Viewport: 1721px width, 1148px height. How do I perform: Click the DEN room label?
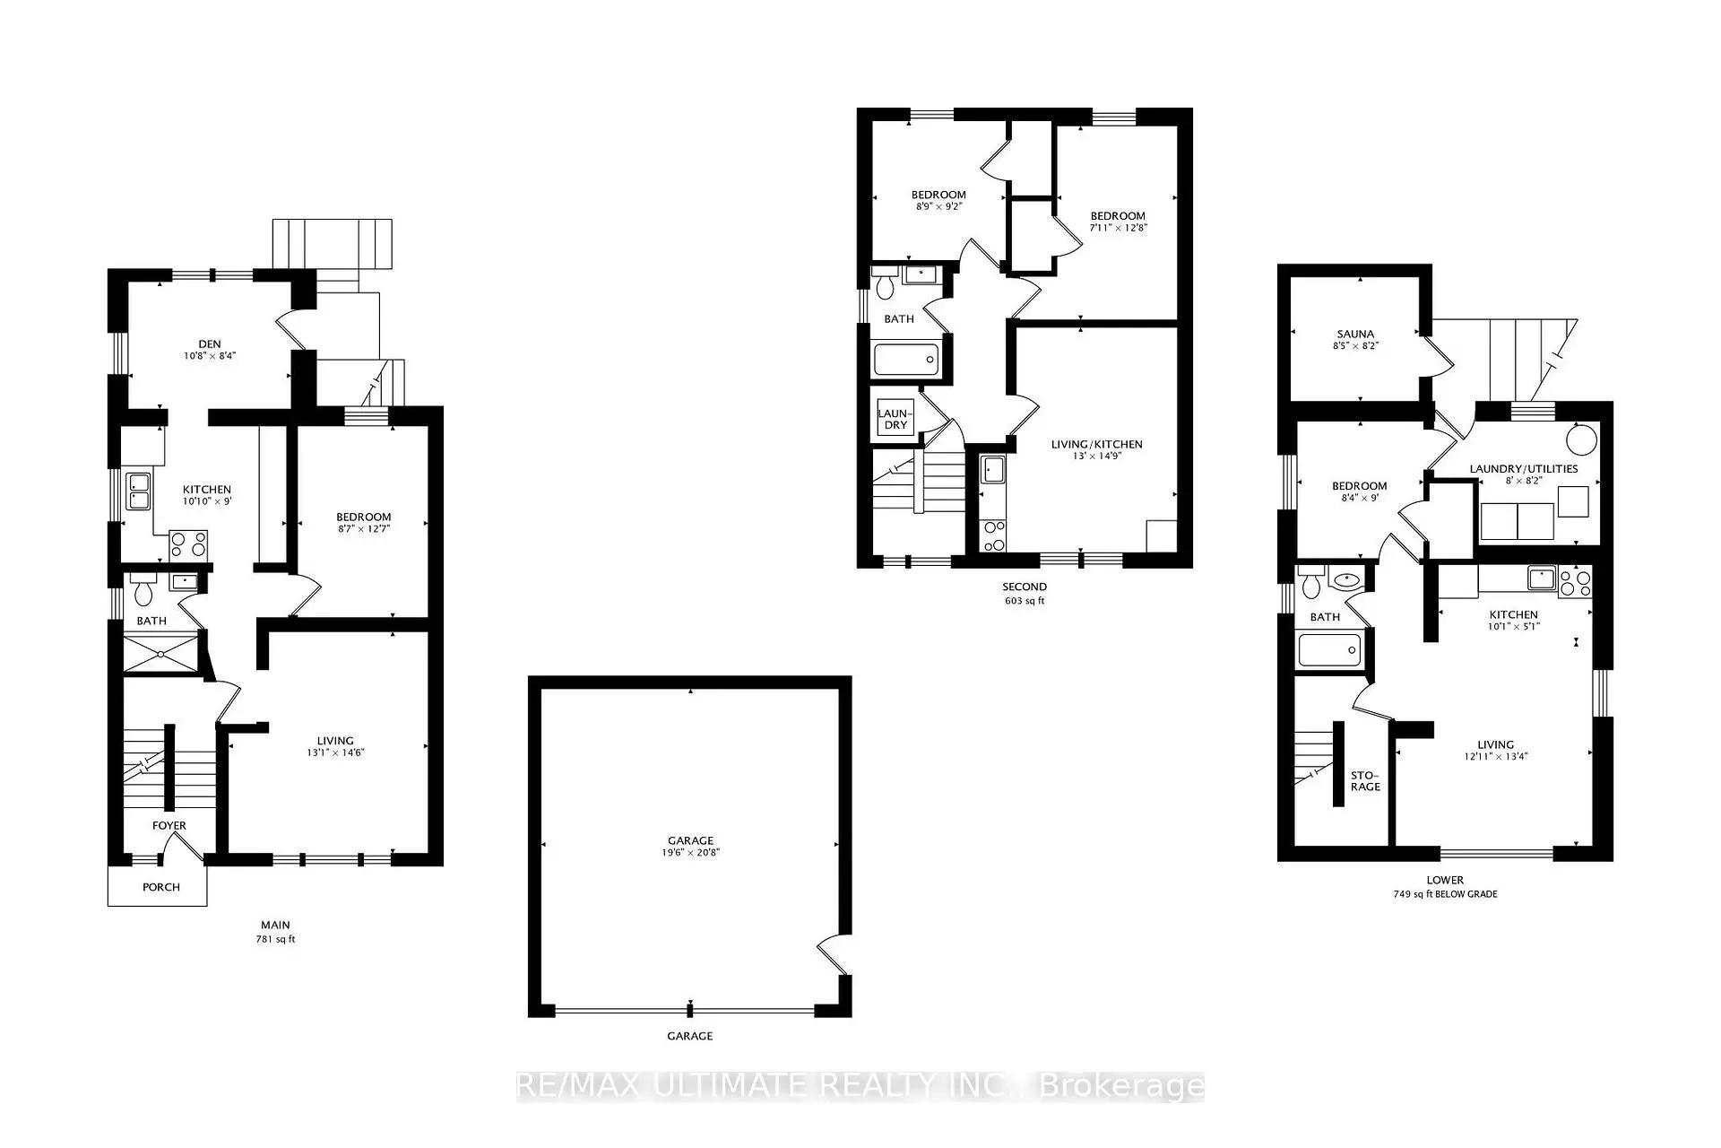coord(209,344)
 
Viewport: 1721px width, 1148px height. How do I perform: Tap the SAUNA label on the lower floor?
coord(1354,334)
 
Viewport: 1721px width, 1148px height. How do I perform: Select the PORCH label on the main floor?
coord(161,887)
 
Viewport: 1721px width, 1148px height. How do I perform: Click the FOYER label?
coord(169,825)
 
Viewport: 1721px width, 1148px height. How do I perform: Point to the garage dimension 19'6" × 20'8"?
coord(690,853)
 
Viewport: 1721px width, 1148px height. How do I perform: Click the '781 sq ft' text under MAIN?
coord(275,940)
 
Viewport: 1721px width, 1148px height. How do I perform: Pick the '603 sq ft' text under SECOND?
coord(1025,601)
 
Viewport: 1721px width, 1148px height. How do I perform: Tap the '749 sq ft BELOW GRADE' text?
coord(1445,894)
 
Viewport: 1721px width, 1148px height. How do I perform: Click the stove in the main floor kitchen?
coord(188,544)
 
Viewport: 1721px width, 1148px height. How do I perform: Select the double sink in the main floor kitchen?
coord(138,491)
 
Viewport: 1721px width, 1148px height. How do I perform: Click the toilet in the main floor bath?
coord(143,591)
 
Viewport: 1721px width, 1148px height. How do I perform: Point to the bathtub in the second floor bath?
coord(906,361)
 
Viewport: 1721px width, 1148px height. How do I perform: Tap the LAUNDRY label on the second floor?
coord(895,419)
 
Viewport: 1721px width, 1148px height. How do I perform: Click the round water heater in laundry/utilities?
coord(1581,439)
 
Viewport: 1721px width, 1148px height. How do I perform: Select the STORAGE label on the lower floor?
coord(1365,780)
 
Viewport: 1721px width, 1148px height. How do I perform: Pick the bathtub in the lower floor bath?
coord(1329,649)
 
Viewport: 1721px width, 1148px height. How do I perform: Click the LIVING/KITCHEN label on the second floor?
coord(1096,444)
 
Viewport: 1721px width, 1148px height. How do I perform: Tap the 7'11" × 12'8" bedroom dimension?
coord(1118,228)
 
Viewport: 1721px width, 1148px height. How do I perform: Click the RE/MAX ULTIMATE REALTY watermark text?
coord(860,1087)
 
